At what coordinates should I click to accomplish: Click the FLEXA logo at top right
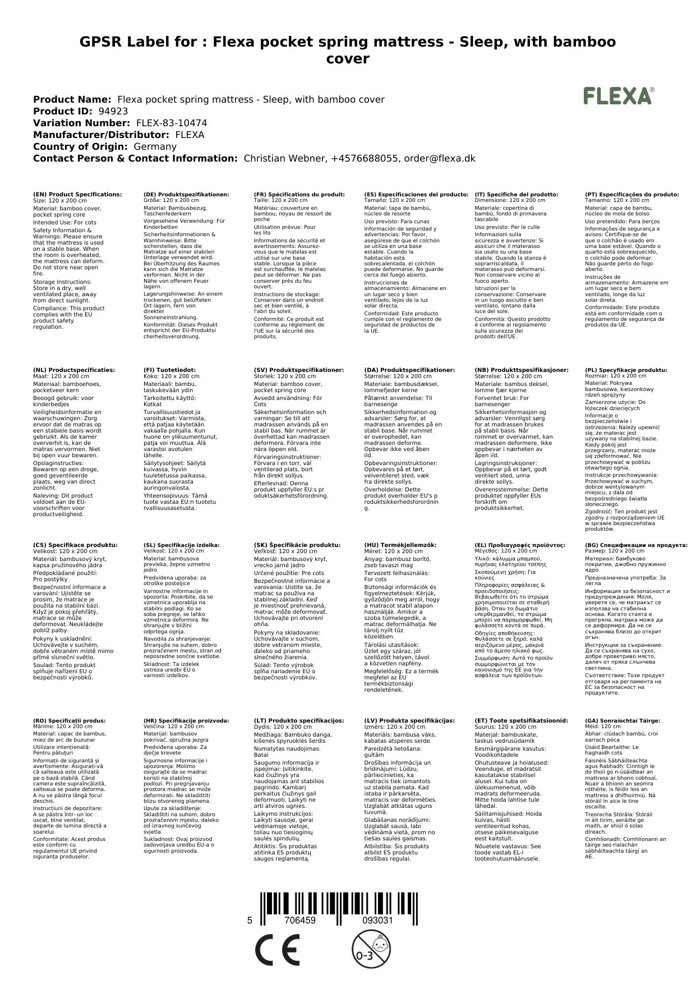[x=619, y=96]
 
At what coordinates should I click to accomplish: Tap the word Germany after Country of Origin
[x=155, y=146]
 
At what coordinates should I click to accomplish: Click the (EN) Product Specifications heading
[x=77, y=194]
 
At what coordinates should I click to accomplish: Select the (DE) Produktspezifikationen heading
[x=186, y=194]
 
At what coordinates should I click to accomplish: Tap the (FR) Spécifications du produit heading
[x=299, y=194]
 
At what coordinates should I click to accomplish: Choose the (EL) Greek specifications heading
[x=520, y=545]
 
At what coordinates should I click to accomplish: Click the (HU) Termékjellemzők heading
[x=400, y=545]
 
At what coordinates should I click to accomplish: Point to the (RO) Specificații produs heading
[x=70, y=720]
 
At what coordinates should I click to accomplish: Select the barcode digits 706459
[x=300, y=921]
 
